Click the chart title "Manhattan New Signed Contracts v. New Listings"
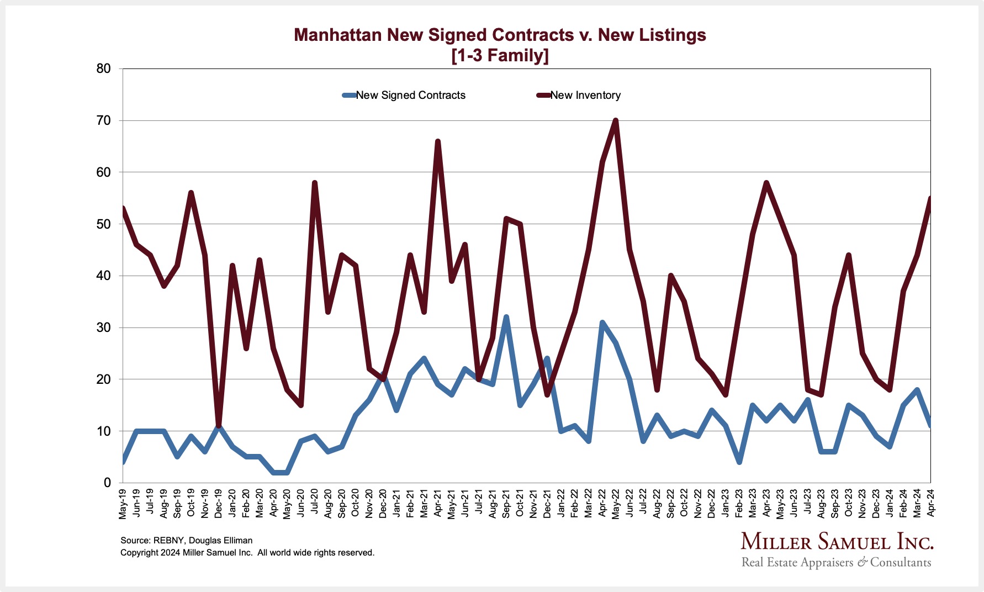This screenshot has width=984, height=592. point(500,35)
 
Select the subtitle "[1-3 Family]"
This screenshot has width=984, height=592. point(500,56)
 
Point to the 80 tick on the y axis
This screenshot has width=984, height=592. point(103,69)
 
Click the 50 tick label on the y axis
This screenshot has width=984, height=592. point(103,224)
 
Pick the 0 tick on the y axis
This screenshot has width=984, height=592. point(107,483)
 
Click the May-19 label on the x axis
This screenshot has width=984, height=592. point(123,504)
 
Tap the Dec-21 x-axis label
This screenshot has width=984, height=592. point(547,504)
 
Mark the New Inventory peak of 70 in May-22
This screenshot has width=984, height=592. point(616,120)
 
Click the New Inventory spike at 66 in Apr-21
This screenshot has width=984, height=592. point(438,141)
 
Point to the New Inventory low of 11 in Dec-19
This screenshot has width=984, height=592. point(219,426)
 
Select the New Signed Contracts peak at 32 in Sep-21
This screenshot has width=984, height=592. point(506,317)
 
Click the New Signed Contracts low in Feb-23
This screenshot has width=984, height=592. point(739,462)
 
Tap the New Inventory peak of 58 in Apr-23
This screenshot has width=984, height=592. point(766,183)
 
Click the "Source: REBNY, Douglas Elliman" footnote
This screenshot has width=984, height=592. point(186,541)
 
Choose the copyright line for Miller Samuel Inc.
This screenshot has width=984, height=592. point(247,553)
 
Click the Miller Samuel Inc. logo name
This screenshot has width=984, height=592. point(836,542)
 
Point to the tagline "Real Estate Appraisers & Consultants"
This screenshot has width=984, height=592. point(836,563)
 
